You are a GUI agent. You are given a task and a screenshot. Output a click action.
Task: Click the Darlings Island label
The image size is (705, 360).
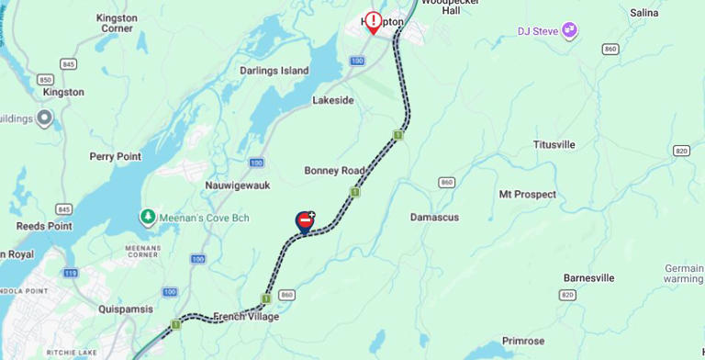click(x=274, y=71)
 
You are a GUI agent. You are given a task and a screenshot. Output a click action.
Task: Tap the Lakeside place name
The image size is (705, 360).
click(x=332, y=100)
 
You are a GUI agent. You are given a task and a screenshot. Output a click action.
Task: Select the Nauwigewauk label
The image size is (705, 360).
click(x=236, y=185)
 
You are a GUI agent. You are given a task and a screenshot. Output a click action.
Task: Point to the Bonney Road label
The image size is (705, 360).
click(x=334, y=171)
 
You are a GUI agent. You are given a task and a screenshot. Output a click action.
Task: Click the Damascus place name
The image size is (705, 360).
click(x=434, y=218)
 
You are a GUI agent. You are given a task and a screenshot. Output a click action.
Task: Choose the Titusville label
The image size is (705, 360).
click(x=554, y=145)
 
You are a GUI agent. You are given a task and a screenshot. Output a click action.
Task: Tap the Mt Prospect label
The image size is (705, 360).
click(x=527, y=195)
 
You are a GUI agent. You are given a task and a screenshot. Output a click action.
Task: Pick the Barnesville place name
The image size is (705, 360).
click(x=587, y=278)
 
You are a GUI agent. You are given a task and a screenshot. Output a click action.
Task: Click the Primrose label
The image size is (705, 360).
click(x=523, y=341)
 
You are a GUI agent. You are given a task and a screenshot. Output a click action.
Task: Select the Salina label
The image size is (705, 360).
click(x=643, y=13)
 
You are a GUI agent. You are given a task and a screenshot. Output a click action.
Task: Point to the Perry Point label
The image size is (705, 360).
click(x=115, y=157)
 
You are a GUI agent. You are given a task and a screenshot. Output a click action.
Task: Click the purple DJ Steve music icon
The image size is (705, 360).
click(x=570, y=30)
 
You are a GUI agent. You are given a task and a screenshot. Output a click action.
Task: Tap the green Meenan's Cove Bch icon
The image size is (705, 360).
click(x=147, y=217)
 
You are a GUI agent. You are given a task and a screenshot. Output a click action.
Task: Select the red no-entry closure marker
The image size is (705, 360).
click(x=305, y=220)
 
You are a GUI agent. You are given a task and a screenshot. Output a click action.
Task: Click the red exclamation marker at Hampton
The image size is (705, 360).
click(x=373, y=20)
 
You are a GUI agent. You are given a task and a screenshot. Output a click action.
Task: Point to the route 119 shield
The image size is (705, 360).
click(x=71, y=273)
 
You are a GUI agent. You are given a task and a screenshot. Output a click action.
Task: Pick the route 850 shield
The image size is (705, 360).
click(x=45, y=80)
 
